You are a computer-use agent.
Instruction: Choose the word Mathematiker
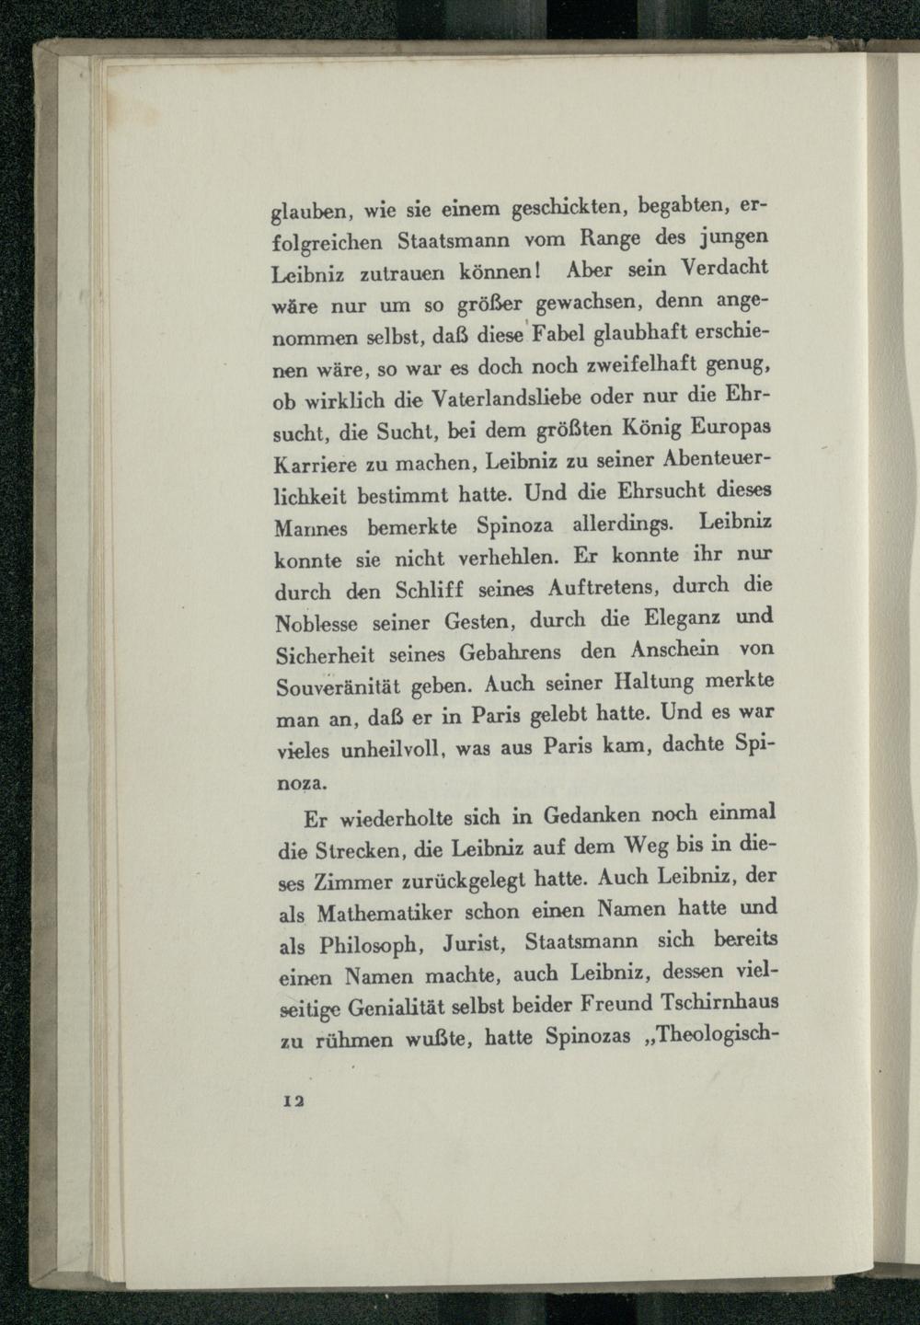click(385, 916)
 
